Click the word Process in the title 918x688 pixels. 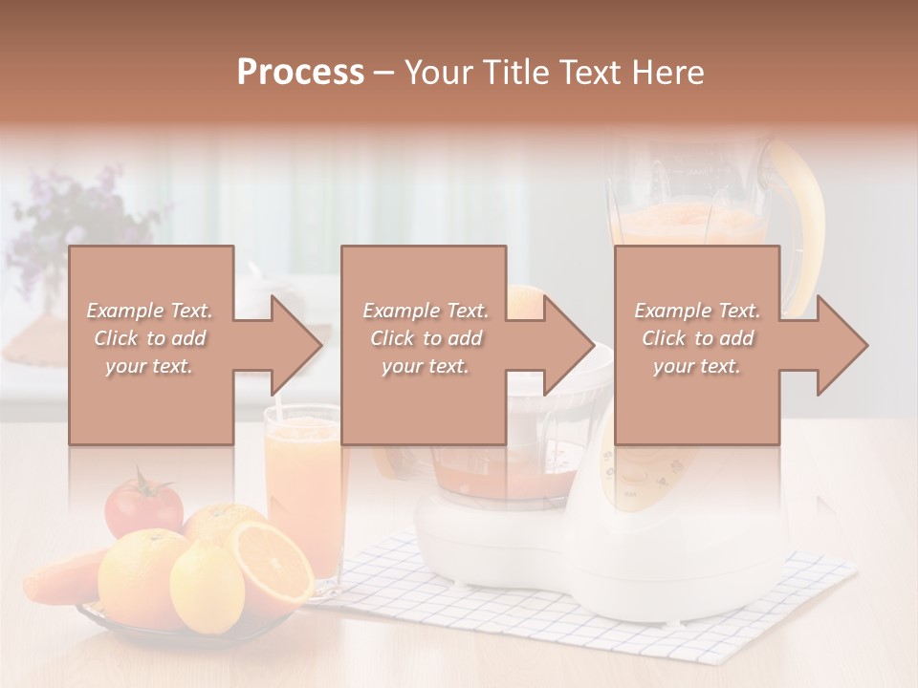(300, 73)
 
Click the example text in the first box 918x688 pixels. (149, 338)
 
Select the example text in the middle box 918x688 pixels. (426, 338)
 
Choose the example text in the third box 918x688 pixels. (697, 338)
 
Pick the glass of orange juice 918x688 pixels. (306, 487)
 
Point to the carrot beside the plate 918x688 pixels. (59, 576)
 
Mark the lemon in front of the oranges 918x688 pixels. (207, 585)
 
